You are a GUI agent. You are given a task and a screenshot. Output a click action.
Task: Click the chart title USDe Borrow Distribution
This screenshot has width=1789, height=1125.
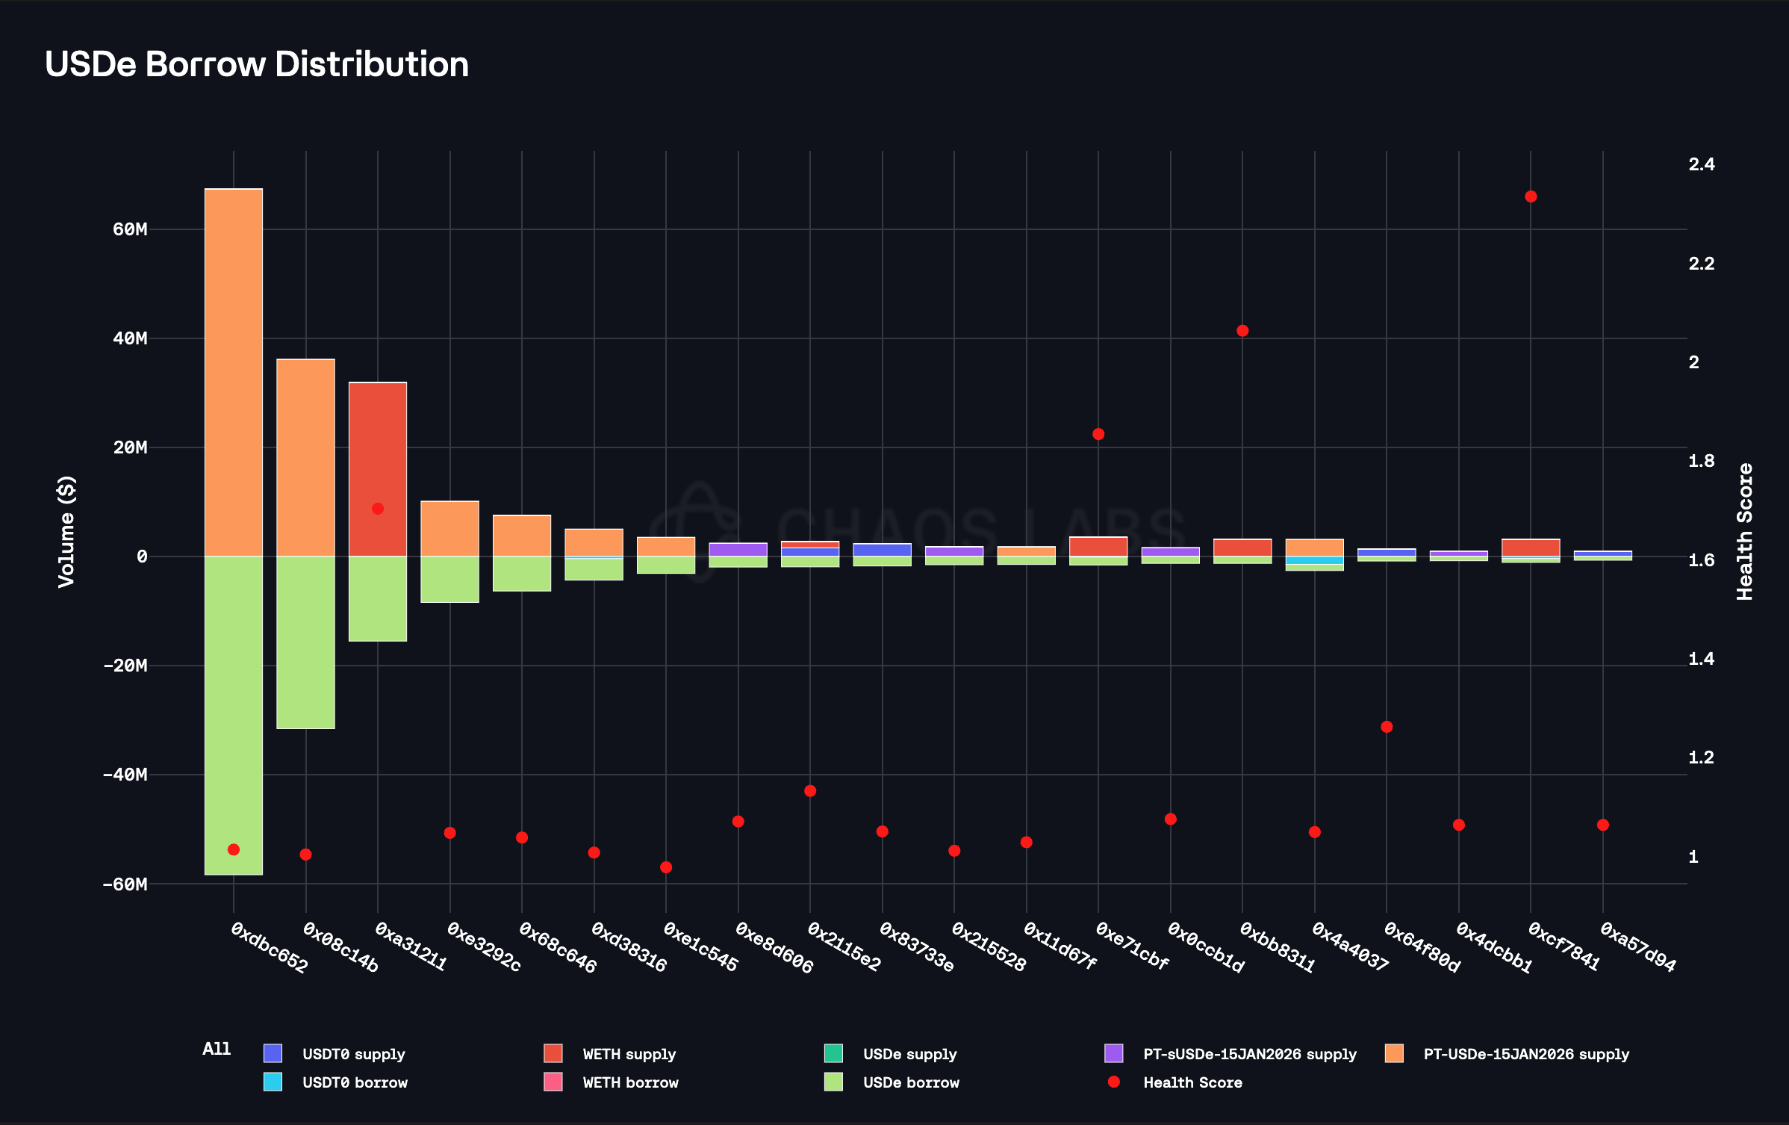(257, 64)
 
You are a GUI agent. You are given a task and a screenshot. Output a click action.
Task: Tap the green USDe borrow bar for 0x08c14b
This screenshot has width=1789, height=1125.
(305, 642)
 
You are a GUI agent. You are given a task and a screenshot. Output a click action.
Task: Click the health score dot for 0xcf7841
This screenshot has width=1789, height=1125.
(1531, 196)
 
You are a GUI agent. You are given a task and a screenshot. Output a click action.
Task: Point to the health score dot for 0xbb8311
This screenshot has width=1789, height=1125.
(1242, 331)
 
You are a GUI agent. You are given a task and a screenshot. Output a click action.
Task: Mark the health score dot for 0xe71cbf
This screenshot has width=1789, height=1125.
(1098, 434)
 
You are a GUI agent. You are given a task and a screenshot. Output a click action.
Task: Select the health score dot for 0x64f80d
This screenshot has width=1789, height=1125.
(1387, 727)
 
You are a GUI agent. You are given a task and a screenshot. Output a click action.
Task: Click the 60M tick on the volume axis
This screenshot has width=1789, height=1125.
(131, 229)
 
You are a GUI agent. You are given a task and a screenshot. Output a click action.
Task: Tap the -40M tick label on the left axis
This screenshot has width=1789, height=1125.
(125, 775)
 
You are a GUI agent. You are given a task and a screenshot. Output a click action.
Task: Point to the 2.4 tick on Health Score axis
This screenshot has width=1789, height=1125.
(1702, 164)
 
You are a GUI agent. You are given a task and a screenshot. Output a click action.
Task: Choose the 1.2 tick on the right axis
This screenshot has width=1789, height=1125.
(1702, 757)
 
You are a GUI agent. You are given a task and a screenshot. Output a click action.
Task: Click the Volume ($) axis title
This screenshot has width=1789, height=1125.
(66, 531)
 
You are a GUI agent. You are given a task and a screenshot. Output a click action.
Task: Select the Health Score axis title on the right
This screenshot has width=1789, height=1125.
(1744, 531)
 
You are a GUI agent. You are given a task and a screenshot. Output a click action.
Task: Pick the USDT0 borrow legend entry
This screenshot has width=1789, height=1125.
(355, 1082)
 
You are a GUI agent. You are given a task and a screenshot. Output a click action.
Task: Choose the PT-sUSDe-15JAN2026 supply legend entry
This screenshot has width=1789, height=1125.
(1249, 1054)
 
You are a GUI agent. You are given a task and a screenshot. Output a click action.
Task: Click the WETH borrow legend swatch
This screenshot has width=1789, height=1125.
(553, 1082)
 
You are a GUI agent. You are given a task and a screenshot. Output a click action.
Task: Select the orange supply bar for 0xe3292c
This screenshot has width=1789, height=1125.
(449, 529)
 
